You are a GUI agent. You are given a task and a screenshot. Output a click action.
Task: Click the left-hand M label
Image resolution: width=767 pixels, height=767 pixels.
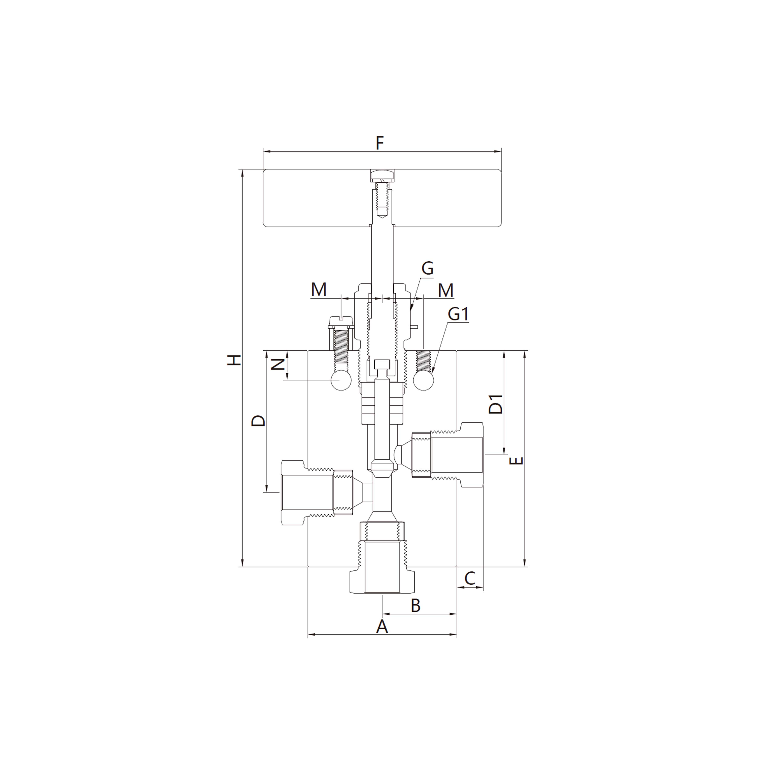coord(319,290)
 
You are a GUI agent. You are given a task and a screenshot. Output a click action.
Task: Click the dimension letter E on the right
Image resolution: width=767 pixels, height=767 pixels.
coord(516,461)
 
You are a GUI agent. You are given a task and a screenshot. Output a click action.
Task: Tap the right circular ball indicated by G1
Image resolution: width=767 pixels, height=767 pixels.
coord(423,380)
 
